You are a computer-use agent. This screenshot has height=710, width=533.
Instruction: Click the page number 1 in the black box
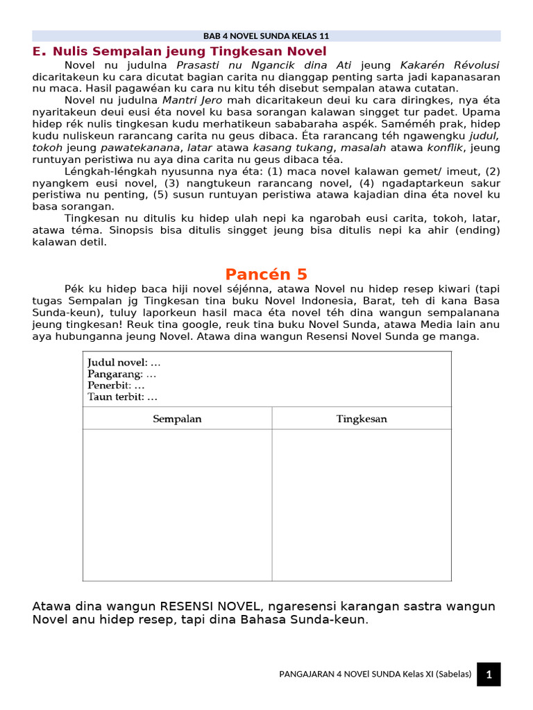(x=489, y=674)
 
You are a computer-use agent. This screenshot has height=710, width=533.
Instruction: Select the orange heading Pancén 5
(x=266, y=274)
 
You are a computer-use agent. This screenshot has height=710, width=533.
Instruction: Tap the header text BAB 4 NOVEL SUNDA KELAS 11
(x=266, y=36)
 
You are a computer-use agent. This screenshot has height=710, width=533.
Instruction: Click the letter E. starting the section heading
(x=39, y=51)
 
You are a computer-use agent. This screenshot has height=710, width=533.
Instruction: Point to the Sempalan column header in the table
(x=177, y=419)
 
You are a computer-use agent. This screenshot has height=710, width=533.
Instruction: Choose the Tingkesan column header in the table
(x=362, y=419)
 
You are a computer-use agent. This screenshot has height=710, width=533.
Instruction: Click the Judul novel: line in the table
(x=124, y=363)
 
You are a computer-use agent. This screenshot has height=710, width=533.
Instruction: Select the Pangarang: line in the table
(x=122, y=374)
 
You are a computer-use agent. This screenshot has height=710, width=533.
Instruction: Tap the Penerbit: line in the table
(x=116, y=386)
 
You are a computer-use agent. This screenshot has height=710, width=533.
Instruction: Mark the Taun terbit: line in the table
(x=123, y=397)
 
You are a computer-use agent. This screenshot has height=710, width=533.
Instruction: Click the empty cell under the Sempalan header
(x=177, y=505)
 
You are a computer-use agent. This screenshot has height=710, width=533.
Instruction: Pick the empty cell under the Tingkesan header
(x=362, y=505)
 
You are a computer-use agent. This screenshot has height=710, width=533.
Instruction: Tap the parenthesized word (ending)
(x=476, y=230)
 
